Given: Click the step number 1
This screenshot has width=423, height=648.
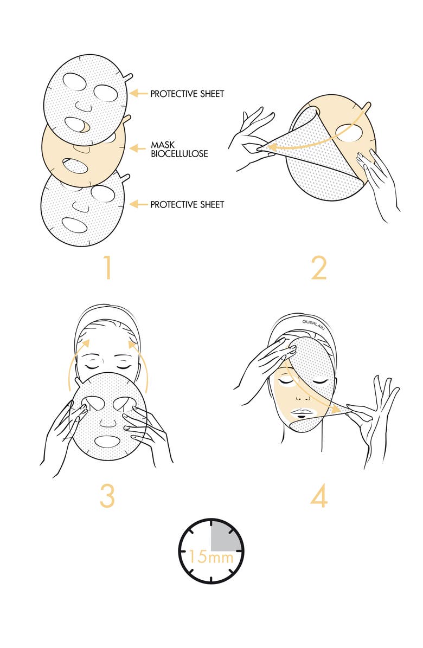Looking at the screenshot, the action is pos(107,268).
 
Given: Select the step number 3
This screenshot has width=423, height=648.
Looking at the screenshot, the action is pos(107,496).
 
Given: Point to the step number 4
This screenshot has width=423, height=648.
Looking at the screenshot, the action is pos(319,496).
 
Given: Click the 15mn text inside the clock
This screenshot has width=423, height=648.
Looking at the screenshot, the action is pos(211,556).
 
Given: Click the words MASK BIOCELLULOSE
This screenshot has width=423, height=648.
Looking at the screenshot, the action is pos(179,149).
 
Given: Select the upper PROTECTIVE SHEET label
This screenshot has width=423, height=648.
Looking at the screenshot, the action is pos(187,94).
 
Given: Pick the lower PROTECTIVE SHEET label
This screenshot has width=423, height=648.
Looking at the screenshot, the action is pos(187,204).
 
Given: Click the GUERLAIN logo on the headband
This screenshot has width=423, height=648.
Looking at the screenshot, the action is pos(313,325).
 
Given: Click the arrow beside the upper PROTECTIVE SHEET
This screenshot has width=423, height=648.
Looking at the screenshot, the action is pos(138,93).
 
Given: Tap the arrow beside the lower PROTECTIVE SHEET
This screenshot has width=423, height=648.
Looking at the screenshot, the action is pos(138,204).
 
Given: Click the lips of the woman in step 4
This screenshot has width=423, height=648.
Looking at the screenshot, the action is pos(303,412).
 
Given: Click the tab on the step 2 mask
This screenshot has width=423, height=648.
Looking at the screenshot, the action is pos(366,107).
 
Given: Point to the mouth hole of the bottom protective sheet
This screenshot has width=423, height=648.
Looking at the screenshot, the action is pos(75,225).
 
